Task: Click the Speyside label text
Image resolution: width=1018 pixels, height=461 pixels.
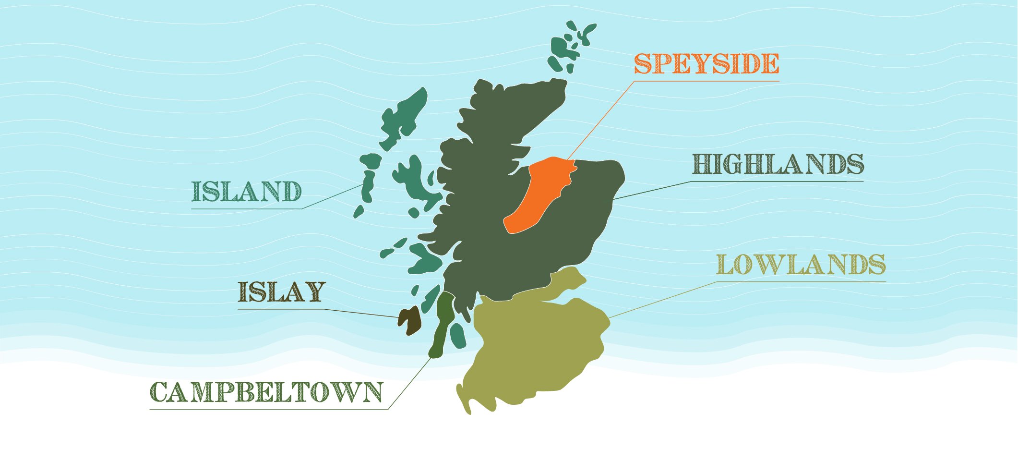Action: point(706,64)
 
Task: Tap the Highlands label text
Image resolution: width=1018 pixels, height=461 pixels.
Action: point(778,164)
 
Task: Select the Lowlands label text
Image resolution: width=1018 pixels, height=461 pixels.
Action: point(801,265)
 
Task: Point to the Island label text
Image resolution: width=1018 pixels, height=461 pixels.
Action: point(246,192)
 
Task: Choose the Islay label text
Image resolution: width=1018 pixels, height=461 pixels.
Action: point(281,292)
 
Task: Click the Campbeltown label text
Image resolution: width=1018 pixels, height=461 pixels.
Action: point(266,392)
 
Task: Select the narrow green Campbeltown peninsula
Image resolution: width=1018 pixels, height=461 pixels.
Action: point(441,327)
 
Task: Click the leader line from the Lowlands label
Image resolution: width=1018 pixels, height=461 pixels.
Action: point(662,299)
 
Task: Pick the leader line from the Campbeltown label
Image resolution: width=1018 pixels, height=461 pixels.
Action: point(408,384)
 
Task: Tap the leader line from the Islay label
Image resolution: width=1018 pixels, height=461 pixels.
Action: point(360,313)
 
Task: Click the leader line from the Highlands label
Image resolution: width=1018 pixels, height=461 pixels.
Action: point(653,190)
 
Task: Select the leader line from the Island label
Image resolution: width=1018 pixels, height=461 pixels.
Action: point(331,197)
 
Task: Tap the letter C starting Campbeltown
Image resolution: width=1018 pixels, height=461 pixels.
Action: point(160,392)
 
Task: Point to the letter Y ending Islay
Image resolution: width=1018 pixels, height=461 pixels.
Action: point(314,292)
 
